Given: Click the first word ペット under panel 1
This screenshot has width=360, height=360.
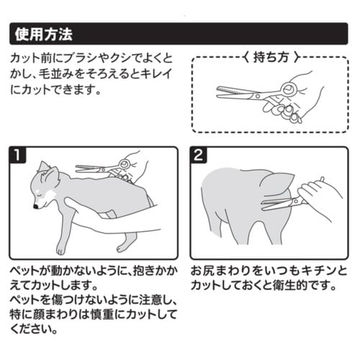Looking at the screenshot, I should [x=25, y=271].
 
